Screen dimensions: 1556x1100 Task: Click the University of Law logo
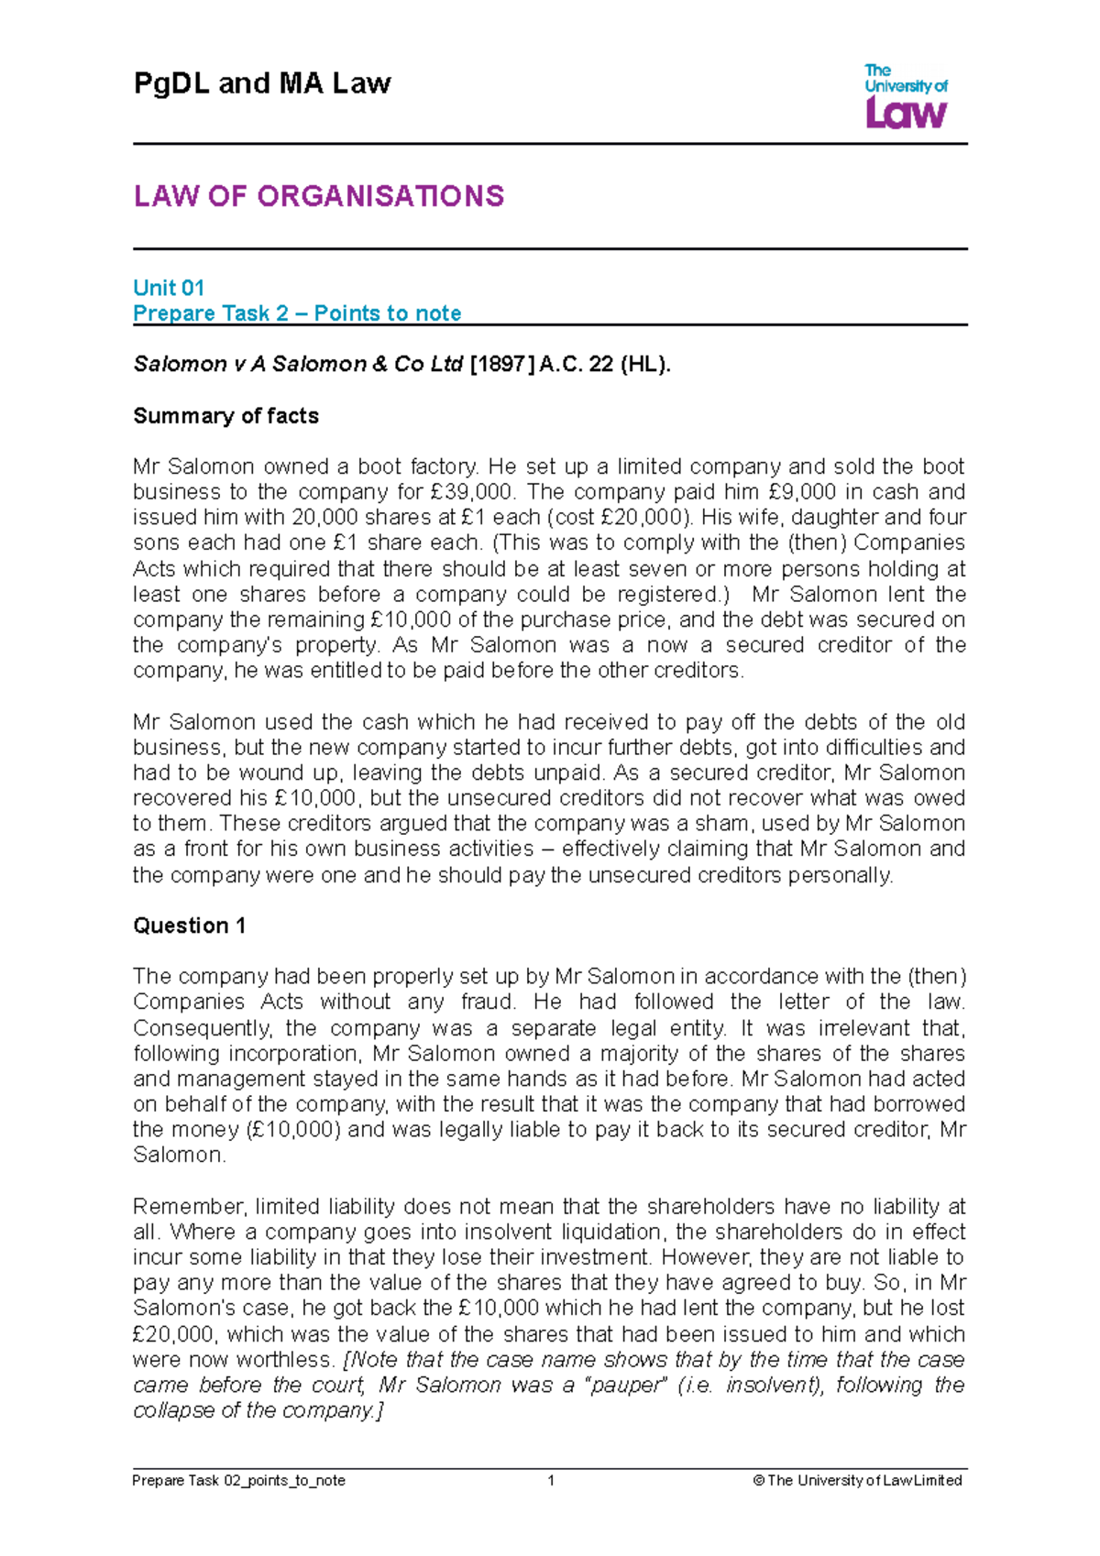[906, 96]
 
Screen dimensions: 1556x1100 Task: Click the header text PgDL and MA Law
[262, 83]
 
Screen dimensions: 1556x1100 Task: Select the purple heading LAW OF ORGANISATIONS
[318, 196]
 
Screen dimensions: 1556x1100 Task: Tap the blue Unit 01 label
[169, 288]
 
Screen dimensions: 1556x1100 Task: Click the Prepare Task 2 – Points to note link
[297, 313]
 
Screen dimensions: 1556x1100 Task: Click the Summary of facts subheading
[225, 416]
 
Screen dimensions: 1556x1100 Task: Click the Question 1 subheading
[189, 926]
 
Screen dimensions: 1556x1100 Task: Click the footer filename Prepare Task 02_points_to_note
[239, 1480]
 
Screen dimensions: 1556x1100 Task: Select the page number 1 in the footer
[551, 1480]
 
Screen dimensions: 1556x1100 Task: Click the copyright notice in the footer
[857, 1480]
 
